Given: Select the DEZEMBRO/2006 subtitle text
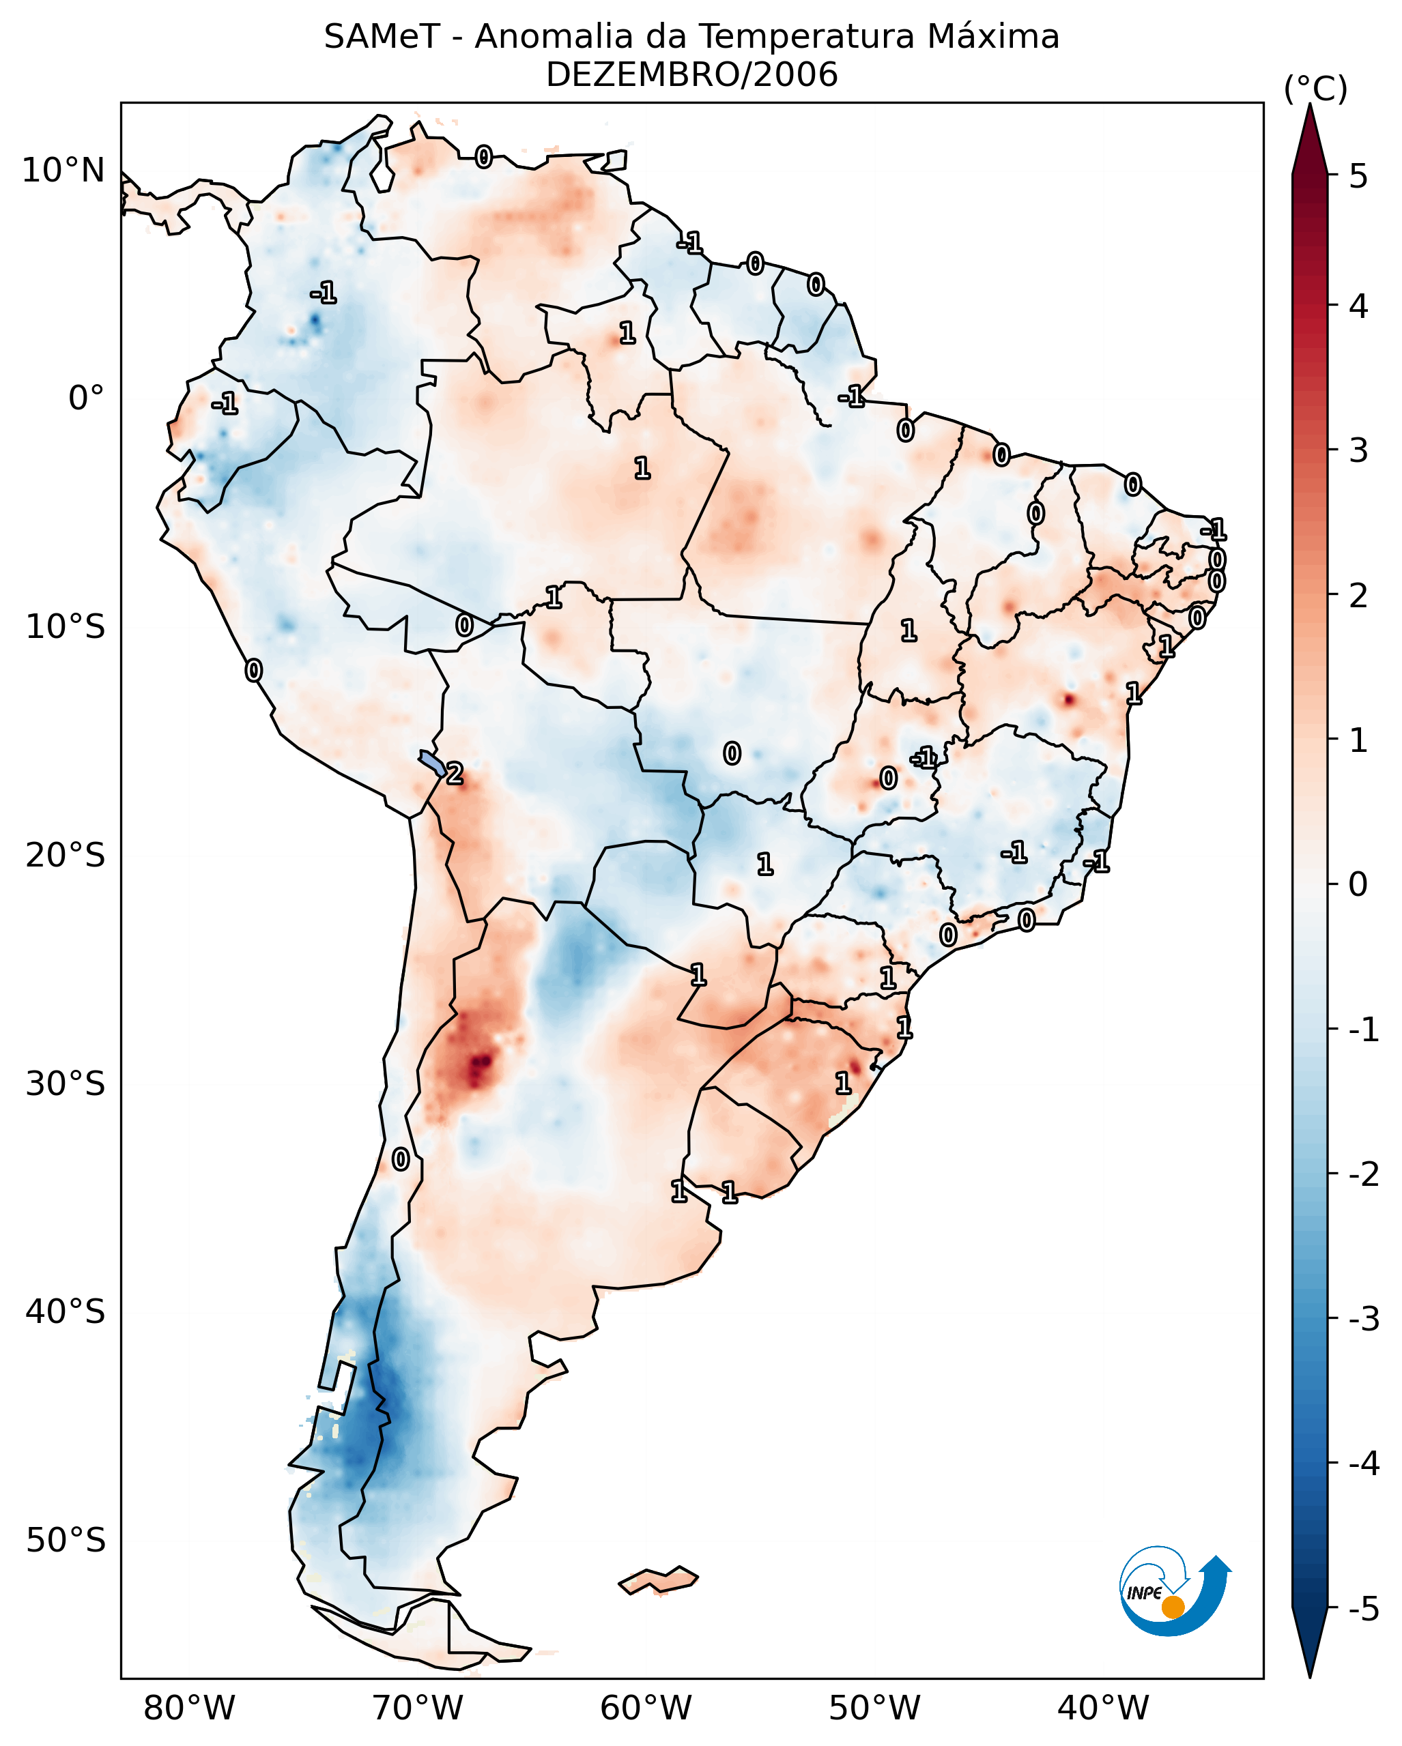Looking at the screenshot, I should click(691, 75).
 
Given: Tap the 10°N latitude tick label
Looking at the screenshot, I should click(63, 171).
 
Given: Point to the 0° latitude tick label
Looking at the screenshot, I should click(86, 398).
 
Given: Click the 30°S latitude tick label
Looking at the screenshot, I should click(65, 1083).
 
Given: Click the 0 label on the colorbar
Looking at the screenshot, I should click(1358, 884).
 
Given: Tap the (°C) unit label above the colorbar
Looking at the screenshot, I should click(1315, 89).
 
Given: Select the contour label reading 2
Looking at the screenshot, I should click(455, 774).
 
